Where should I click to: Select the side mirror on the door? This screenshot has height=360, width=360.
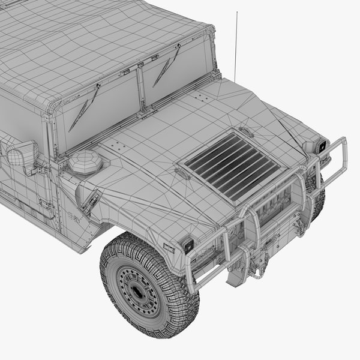[x=22, y=155]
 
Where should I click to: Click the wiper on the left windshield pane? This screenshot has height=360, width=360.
[x=83, y=108]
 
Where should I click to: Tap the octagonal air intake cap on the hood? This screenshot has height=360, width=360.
[x=85, y=162]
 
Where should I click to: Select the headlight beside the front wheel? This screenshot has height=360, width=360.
[x=188, y=245]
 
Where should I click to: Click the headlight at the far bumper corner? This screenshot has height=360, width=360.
[x=322, y=146]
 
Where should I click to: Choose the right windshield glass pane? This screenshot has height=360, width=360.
[x=177, y=69]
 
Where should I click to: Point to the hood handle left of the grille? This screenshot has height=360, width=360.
[x=183, y=173]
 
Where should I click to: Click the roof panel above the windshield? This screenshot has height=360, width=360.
[x=90, y=42]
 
